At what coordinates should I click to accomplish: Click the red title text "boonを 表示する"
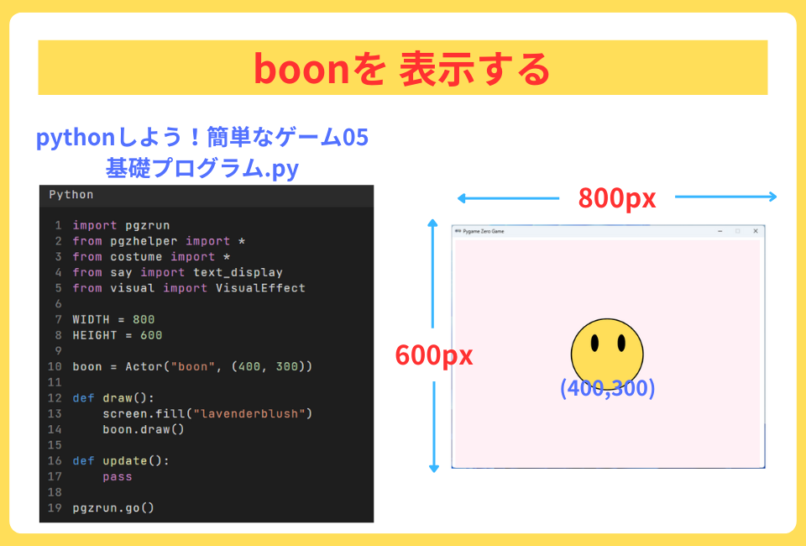click(x=401, y=69)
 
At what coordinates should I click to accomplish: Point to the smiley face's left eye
click(x=594, y=344)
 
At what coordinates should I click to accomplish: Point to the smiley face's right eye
click(x=621, y=344)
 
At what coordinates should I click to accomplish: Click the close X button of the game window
click(x=756, y=231)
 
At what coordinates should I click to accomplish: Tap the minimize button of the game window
click(x=720, y=231)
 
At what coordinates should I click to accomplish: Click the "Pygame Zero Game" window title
click(x=484, y=231)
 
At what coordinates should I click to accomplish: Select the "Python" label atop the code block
click(x=71, y=195)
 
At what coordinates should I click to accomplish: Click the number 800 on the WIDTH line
click(x=144, y=319)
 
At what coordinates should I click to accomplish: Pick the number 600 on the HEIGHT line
click(x=151, y=335)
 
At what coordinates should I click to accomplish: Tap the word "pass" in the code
click(x=118, y=476)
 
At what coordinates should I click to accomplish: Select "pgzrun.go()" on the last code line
click(x=113, y=507)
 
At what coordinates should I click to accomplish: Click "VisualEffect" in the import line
click(x=260, y=288)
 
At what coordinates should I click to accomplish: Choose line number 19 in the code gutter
click(x=55, y=507)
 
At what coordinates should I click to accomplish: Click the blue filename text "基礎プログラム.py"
click(x=201, y=168)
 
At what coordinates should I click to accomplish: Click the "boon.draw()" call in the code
click(x=144, y=429)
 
